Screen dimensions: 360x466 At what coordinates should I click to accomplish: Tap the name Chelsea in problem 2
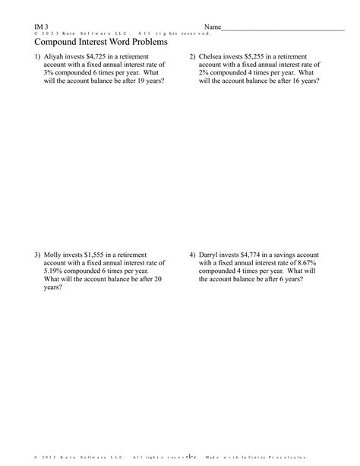click(212, 57)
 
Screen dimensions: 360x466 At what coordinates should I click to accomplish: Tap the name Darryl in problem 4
click(210, 255)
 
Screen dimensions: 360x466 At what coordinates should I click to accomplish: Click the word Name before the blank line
click(213, 27)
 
